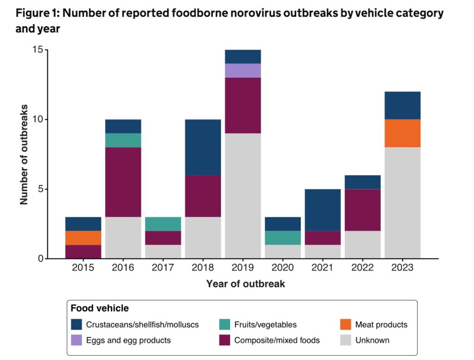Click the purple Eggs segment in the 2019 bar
[243, 70]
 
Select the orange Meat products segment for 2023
[402, 133]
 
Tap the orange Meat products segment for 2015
[83, 238]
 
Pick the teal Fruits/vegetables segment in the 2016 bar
[123, 140]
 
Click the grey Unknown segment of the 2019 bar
[243, 196]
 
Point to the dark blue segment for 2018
[203, 147]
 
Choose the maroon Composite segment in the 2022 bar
[362, 209]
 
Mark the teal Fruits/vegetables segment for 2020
[283, 238]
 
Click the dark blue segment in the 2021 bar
[323, 209]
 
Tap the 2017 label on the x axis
[163, 268]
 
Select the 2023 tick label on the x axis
[402, 268]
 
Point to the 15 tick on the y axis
[37, 50]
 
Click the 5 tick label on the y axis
[40, 189]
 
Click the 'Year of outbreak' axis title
[245, 284]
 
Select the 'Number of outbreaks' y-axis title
[24, 154]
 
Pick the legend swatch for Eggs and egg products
[76, 341]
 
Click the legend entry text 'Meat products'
[381, 325]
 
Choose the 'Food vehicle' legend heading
[100, 308]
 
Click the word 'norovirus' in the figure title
[224, 13]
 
